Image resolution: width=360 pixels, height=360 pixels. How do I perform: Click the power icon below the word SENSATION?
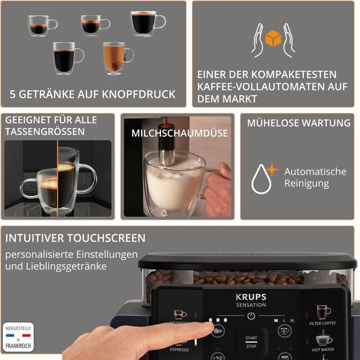(251, 316)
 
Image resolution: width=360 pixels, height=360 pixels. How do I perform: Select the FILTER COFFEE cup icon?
(323, 312)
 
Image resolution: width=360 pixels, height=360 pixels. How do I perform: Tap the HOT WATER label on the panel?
(323, 349)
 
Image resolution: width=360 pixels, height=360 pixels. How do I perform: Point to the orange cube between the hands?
(273, 39)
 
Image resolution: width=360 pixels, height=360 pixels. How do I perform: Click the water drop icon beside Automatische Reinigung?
(261, 178)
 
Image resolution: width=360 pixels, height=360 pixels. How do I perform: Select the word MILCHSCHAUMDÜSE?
(179, 133)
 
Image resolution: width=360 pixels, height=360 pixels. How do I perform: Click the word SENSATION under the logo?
(251, 305)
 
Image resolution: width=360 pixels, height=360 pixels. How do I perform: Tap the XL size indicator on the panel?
(292, 319)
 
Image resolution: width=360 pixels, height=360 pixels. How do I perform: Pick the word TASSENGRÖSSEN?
(45, 132)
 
